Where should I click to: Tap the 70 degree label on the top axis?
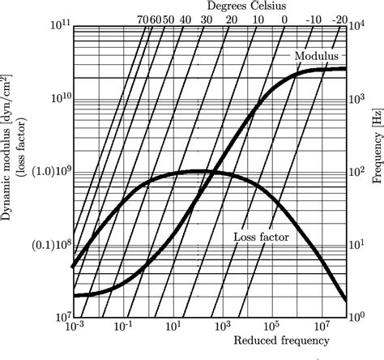pos(143,19)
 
